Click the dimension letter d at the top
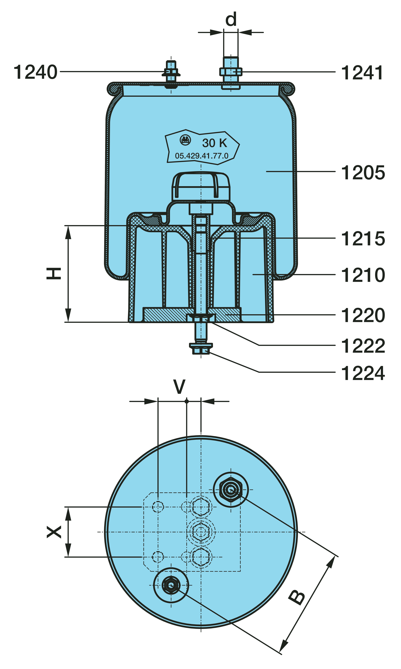231,19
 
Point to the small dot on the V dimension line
186,401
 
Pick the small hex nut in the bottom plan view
171,585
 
